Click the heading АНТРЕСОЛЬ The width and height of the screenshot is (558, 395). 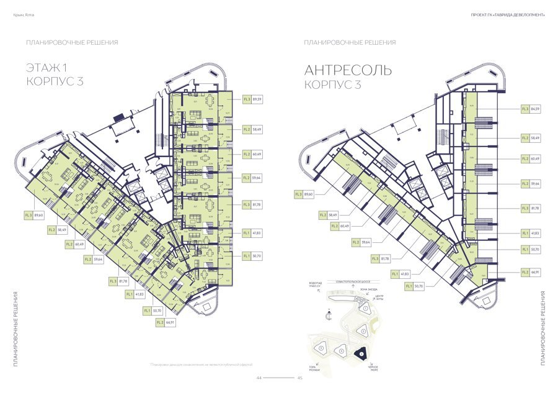pos(348,70)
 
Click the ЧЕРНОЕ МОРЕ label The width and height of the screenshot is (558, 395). pos(373,369)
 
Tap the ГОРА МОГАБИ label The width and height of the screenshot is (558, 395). pos(314,369)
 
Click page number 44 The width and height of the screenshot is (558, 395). pos(259,378)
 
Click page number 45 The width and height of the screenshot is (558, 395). pos(299,378)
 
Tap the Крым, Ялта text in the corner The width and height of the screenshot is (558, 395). pos(22,15)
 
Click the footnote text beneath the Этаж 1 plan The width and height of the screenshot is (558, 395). pos(201,365)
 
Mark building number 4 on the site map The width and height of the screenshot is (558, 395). pos(340,352)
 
